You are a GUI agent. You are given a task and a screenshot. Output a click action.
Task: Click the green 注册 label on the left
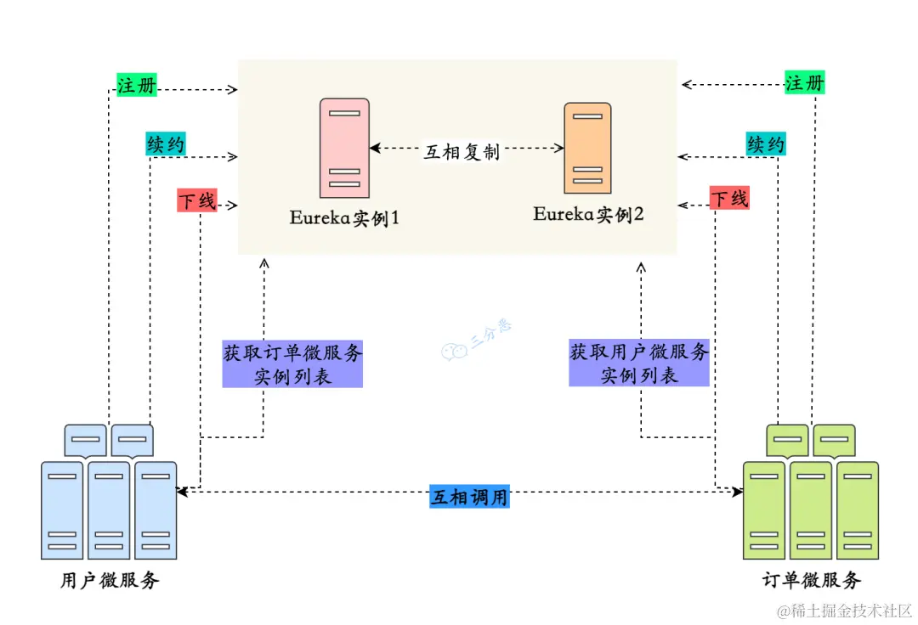pyautogui.click(x=137, y=85)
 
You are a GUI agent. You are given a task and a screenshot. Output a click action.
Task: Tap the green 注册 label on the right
pyautogui.click(x=804, y=83)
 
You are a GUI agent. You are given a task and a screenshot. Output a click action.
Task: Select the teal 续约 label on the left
pyautogui.click(x=165, y=144)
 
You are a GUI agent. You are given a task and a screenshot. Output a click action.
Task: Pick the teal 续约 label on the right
pyautogui.click(x=765, y=144)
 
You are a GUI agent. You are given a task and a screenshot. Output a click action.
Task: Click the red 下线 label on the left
pyautogui.click(x=196, y=200)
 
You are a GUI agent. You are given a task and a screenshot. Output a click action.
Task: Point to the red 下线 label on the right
pyautogui.click(x=729, y=199)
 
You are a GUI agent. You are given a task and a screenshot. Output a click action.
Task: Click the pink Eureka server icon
pyautogui.click(x=344, y=148)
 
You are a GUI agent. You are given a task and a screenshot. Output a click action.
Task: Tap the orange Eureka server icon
pyautogui.click(x=587, y=149)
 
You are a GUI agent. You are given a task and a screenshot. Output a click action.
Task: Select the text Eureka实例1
pyautogui.click(x=344, y=218)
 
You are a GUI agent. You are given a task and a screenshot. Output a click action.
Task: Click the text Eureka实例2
pyautogui.click(x=588, y=214)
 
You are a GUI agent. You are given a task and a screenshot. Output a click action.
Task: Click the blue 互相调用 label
pyautogui.click(x=469, y=497)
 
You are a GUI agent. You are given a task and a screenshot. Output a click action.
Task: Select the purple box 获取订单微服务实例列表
pyautogui.click(x=292, y=364)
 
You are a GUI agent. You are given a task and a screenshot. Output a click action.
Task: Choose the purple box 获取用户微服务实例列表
pyautogui.click(x=639, y=363)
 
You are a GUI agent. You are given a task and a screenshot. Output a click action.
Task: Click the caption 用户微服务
pyautogui.click(x=110, y=582)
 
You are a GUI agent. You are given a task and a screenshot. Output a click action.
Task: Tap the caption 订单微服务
pyautogui.click(x=811, y=581)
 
